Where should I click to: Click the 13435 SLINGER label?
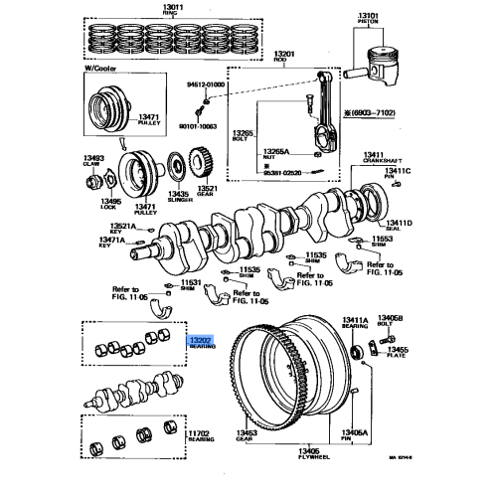(149, 197)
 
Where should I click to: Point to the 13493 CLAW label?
(94, 160)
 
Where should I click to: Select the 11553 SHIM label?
(383, 244)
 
